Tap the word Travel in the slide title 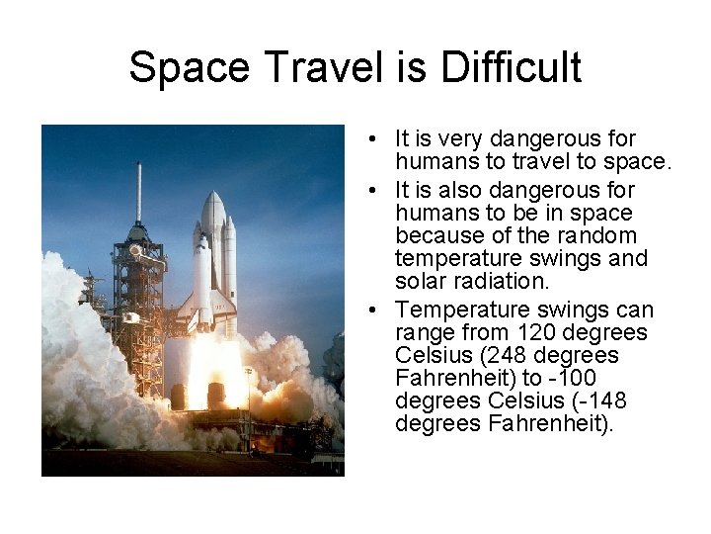[x=304, y=68]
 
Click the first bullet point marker [x=366, y=139]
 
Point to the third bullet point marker [x=366, y=311]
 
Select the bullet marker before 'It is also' [x=366, y=191]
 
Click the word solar [x=421, y=281]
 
